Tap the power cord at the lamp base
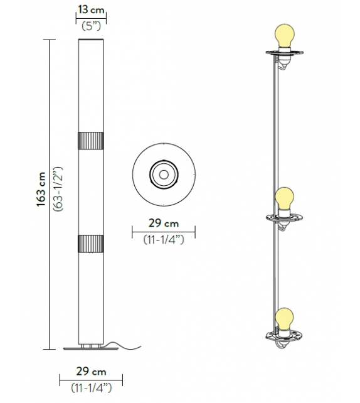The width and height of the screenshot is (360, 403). (x=118, y=345)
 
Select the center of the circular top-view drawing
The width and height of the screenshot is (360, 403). (x=163, y=173)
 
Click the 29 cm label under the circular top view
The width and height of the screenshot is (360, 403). (x=163, y=223)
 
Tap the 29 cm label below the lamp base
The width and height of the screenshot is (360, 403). (x=91, y=372)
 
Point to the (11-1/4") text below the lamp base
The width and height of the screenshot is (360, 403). (x=91, y=387)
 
